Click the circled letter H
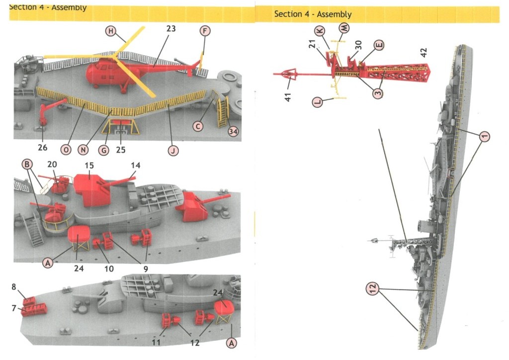coord(111,31)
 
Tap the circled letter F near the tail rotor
coord(204,31)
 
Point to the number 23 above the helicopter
coord(170,29)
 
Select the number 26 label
coord(42,148)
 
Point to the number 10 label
coord(109,269)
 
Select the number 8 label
coord(14,287)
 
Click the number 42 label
coord(423,52)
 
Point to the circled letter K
coord(321,31)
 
